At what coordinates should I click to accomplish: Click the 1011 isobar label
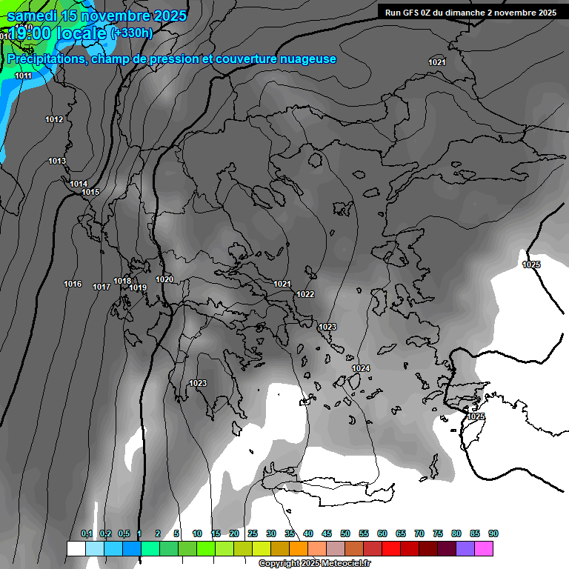click(23, 76)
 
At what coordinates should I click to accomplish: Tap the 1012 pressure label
click(54, 120)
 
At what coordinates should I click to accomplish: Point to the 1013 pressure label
click(57, 162)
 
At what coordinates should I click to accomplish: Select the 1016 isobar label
click(73, 284)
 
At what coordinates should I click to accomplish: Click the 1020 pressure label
click(164, 279)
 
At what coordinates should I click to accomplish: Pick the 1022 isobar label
click(305, 294)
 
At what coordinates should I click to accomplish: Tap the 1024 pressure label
click(361, 368)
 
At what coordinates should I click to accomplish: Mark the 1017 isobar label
click(102, 287)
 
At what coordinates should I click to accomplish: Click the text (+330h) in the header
click(131, 33)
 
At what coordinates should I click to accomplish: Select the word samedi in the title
click(33, 16)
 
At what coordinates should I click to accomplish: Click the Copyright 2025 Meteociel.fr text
click(315, 564)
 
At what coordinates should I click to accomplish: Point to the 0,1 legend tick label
click(87, 534)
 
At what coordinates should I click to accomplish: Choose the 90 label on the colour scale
click(493, 534)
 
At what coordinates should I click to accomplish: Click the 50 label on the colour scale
click(345, 534)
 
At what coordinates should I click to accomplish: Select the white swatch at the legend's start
click(76, 548)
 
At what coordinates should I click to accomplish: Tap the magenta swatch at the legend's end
click(484, 548)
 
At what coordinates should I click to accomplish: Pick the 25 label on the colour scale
click(253, 534)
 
